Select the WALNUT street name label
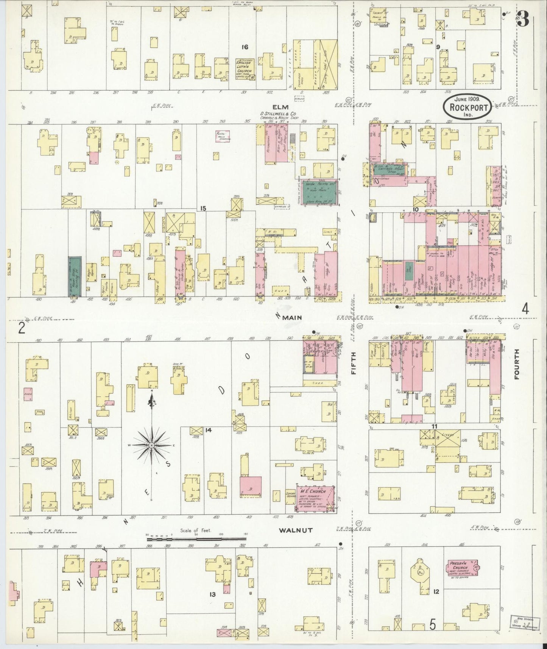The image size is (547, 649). pos(296,530)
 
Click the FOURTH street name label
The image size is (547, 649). pos(517,364)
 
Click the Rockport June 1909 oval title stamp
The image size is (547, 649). pos(468,106)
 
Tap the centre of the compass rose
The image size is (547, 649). pos(151,445)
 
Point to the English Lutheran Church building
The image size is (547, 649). pos(245,69)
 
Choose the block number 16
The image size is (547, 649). pos(245,47)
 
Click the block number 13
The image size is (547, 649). pos(213,594)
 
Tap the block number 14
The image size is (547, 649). pos(208,430)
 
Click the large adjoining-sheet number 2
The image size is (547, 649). pos(22,328)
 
